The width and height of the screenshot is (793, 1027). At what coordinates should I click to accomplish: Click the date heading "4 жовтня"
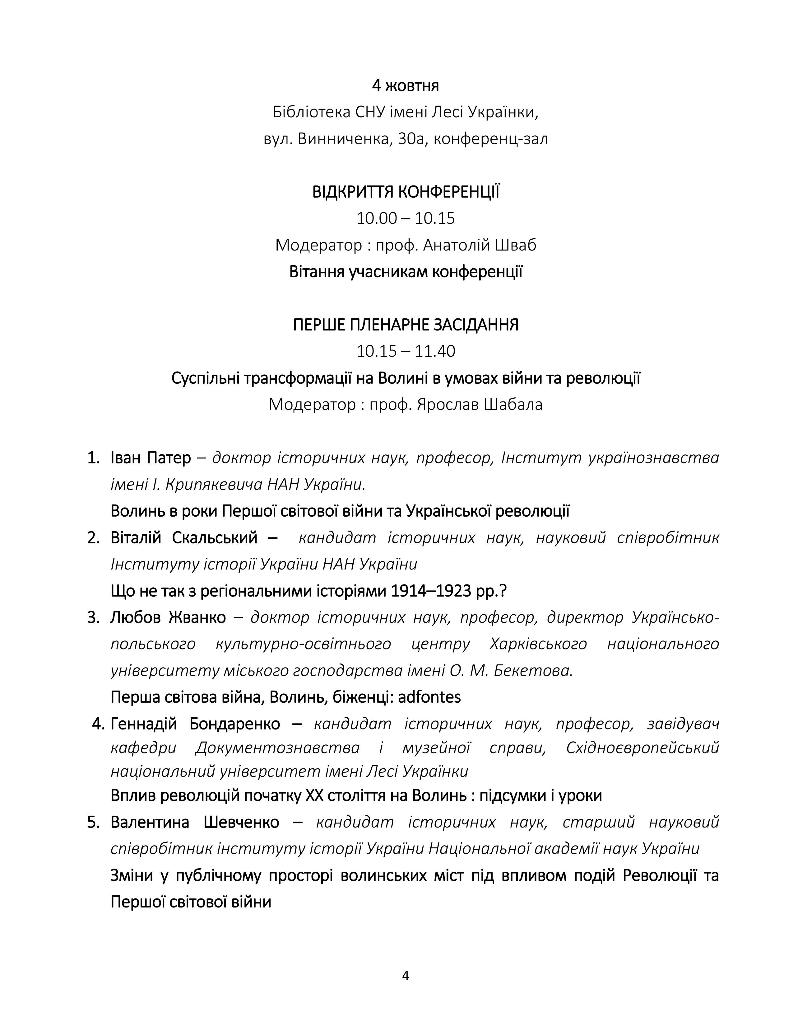[406, 86]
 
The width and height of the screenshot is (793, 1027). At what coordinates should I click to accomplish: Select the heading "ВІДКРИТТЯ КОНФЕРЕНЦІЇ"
[406, 192]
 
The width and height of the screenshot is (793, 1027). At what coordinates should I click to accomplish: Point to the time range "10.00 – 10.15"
[406, 219]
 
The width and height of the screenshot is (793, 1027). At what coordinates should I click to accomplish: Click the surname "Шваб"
[515, 245]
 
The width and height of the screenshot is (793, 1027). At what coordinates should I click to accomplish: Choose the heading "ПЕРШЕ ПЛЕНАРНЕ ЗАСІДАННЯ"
[406, 325]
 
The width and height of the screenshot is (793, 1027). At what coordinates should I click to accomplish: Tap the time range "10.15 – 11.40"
[406, 351]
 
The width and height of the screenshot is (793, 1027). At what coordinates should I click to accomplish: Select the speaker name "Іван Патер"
[150, 457]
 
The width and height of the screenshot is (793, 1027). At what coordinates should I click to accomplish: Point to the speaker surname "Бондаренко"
[234, 724]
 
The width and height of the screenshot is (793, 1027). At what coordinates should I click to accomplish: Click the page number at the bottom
[406, 976]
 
